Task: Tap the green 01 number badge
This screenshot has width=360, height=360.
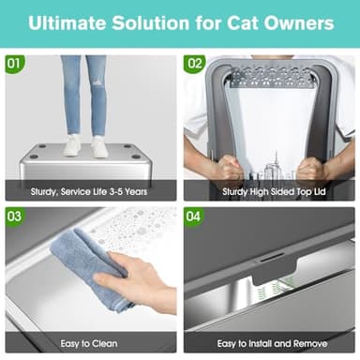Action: [x=14, y=65]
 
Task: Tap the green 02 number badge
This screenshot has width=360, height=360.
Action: [x=195, y=65]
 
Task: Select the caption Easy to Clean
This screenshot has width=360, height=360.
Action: [x=90, y=345]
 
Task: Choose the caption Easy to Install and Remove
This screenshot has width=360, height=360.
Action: [x=270, y=345]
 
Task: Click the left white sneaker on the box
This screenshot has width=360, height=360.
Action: [x=72, y=146]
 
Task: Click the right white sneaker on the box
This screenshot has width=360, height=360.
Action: [x=99, y=146]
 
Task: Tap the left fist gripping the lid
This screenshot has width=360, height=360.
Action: [x=227, y=170]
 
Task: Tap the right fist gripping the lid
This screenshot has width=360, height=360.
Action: [x=311, y=170]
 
